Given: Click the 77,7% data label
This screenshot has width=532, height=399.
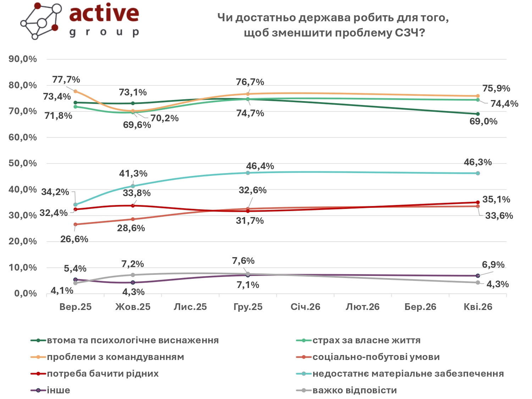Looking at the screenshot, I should (x=66, y=79).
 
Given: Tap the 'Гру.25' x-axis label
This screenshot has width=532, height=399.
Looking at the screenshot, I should (x=248, y=307).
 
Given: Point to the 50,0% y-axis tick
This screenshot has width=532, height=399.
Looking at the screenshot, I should (x=23, y=164).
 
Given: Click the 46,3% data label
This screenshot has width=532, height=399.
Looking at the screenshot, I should (x=478, y=162).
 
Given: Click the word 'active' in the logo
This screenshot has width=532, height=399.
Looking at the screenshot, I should (x=104, y=13).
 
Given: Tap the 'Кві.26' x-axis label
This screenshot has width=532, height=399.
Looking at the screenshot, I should (x=478, y=307).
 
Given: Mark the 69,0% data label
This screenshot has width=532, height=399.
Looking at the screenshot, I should (x=483, y=122).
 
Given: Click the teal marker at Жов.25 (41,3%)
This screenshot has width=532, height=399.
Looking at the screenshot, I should (x=133, y=186).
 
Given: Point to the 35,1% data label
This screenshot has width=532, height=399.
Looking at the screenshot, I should (x=496, y=200).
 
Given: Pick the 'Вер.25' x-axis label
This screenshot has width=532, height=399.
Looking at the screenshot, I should (x=76, y=307).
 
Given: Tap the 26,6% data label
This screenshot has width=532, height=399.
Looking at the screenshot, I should (x=74, y=239).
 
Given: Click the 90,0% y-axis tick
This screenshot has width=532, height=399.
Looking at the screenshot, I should (x=23, y=59).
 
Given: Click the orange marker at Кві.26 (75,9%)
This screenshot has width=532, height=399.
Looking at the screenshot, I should (x=478, y=96).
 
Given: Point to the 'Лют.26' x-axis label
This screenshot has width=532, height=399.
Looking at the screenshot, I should (x=362, y=307).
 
